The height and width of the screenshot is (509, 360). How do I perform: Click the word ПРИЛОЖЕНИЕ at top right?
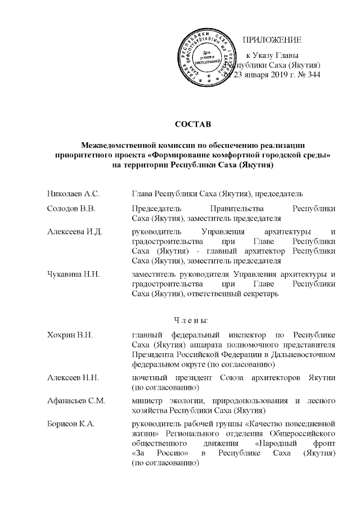click(272, 40)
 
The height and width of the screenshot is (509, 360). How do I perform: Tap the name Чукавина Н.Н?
click(74, 274)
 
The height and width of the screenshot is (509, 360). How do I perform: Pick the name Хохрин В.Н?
click(70, 335)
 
